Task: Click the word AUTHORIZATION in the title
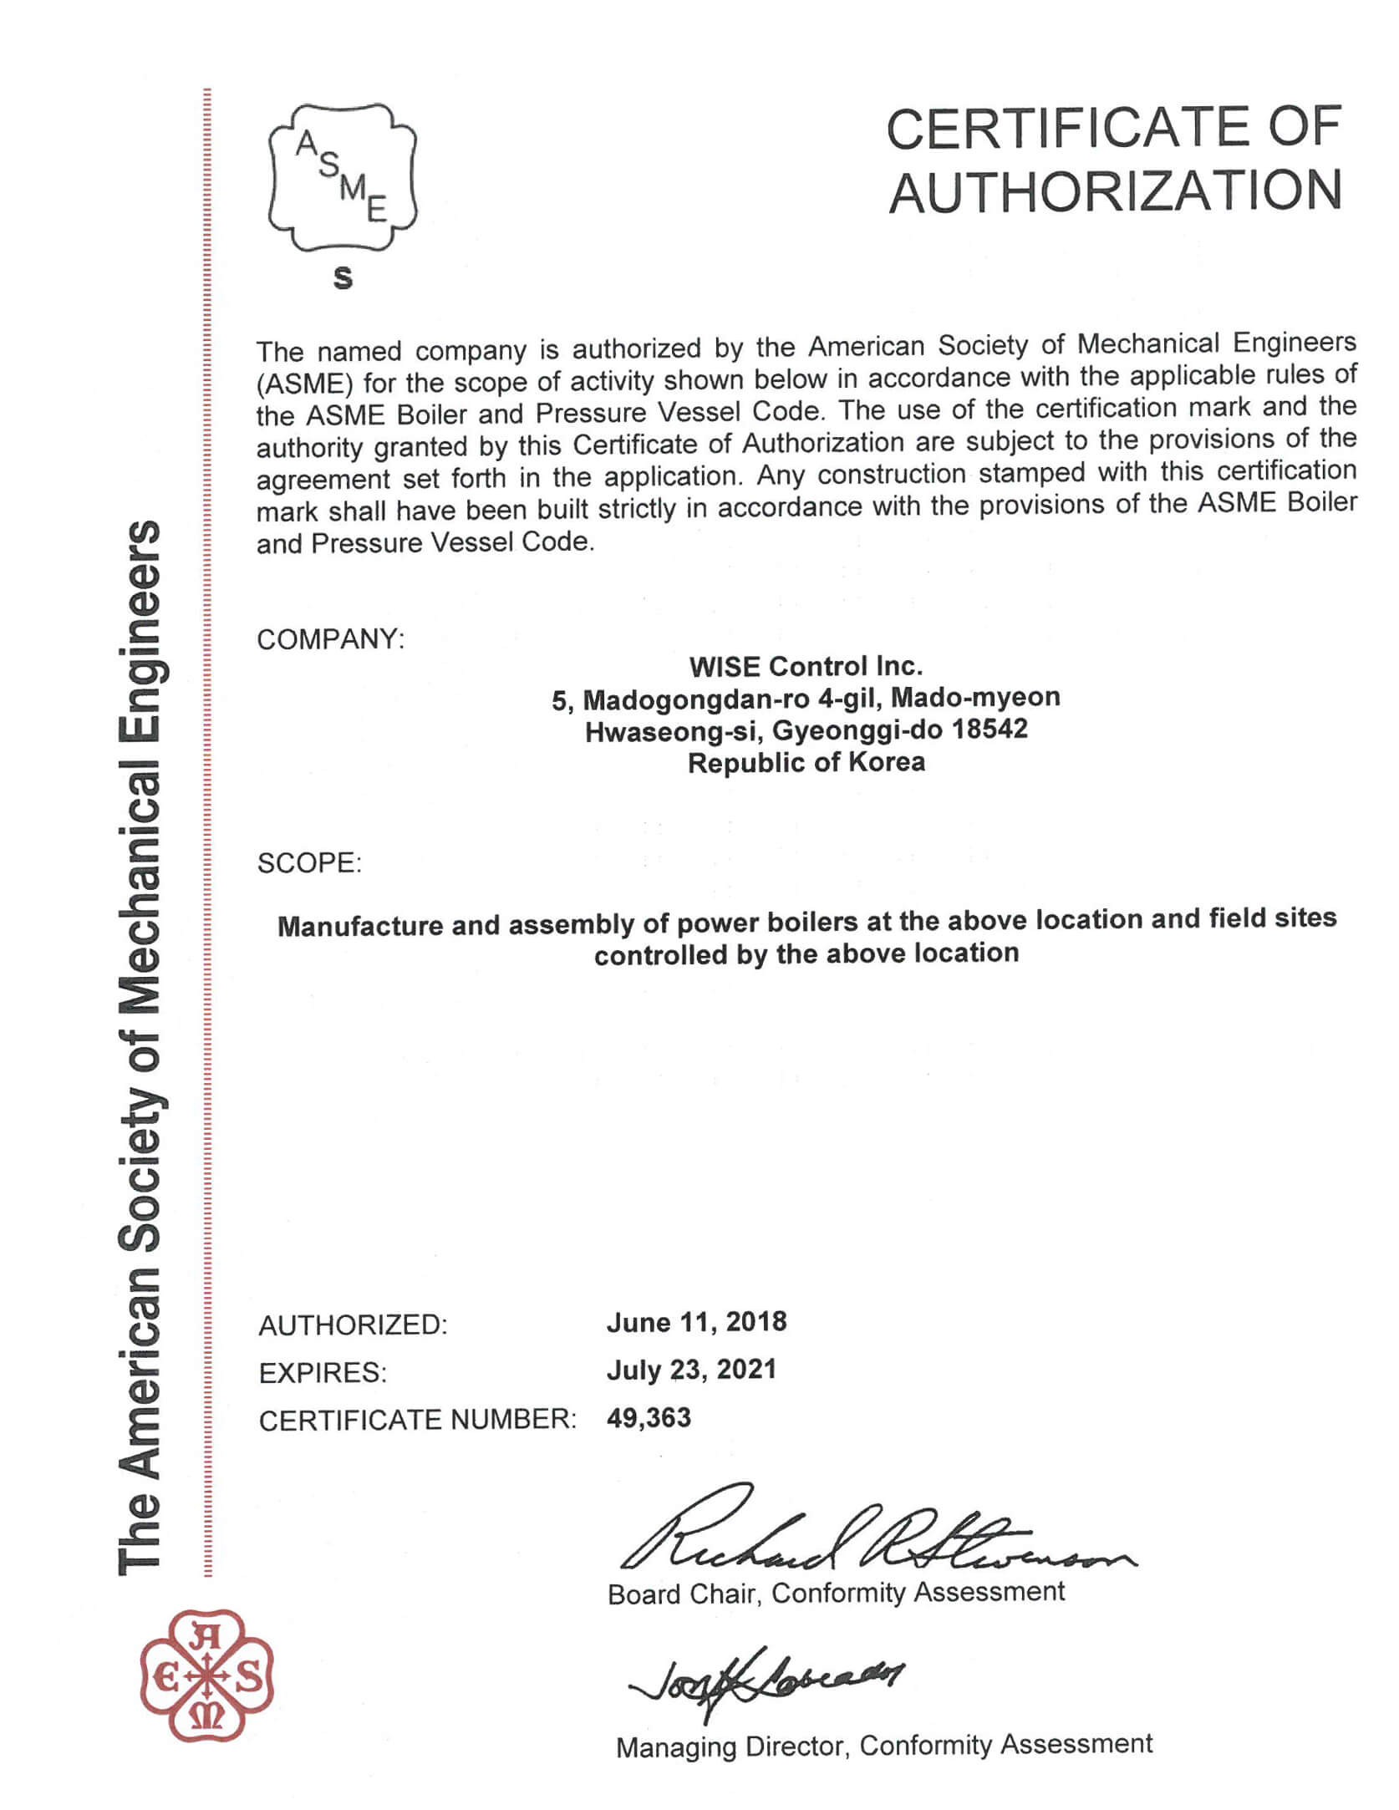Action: pyautogui.click(x=1115, y=191)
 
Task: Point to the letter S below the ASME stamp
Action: pyautogui.click(x=343, y=277)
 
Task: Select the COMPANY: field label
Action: pyautogui.click(x=330, y=639)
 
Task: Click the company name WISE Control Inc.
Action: pyautogui.click(x=806, y=667)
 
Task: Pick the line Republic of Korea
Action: pyautogui.click(x=806, y=762)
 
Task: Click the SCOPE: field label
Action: pyautogui.click(x=309, y=862)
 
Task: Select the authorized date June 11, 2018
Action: pyautogui.click(x=696, y=1321)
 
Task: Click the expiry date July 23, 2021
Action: pyautogui.click(x=691, y=1369)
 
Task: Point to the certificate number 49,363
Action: pyautogui.click(x=649, y=1417)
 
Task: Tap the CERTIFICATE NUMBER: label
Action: pyautogui.click(x=417, y=1420)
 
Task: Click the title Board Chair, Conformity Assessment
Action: pyautogui.click(x=836, y=1593)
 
